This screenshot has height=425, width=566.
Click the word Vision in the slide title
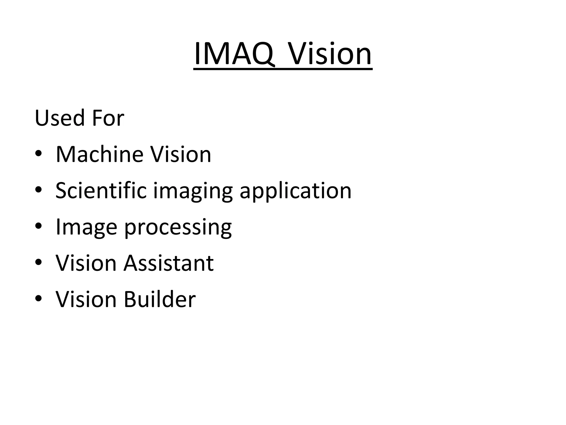click(x=330, y=54)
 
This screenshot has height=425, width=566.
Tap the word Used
click(x=59, y=118)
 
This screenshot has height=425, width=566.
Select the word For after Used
click(x=108, y=118)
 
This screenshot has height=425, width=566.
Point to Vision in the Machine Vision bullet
click(x=181, y=154)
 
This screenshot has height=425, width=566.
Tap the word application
click(x=295, y=191)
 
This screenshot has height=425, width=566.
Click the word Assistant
click(x=169, y=263)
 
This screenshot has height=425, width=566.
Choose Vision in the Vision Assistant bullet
click(x=86, y=263)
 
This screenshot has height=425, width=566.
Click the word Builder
click(x=160, y=299)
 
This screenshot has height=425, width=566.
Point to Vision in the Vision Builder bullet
click(x=86, y=299)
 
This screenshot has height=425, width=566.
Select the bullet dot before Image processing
click(x=38, y=226)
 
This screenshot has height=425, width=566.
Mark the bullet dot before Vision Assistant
click(x=38, y=262)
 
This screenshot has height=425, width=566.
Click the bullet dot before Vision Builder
click(x=38, y=299)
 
